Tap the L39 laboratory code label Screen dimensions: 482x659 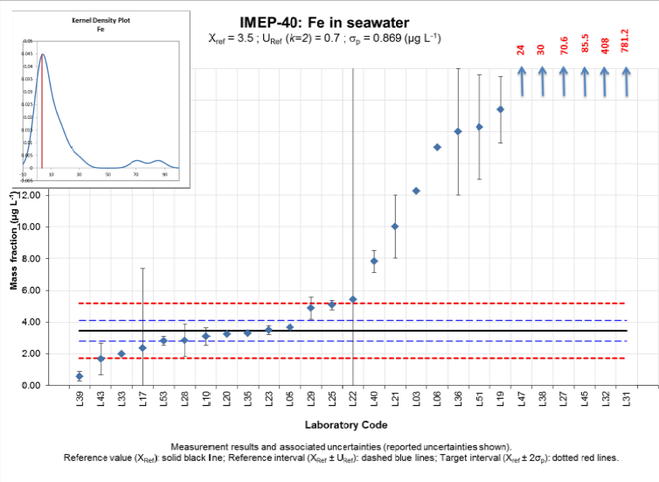click(80, 403)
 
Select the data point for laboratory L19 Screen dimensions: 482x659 click(500, 109)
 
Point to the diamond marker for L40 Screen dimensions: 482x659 click(374, 261)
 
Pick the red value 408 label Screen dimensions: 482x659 click(605, 47)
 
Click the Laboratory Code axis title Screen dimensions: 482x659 click(346, 426)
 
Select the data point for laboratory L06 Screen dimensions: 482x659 click(437, 147)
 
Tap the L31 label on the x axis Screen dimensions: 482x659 click(625, 403)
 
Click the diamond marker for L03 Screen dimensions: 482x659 click(416, 191)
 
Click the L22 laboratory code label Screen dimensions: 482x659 click(353, 403)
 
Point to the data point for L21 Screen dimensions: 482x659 click(395, 227)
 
